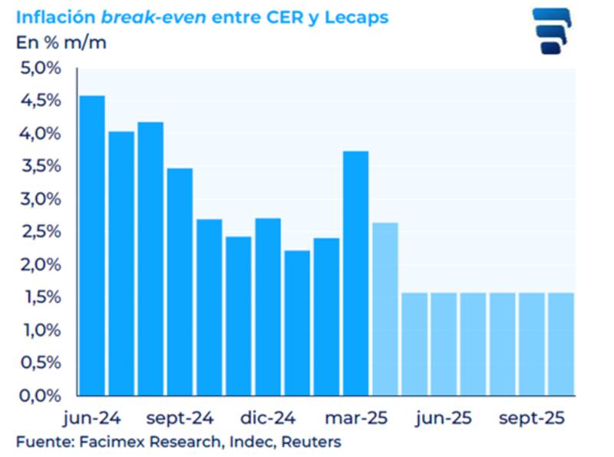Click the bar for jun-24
coord(92,246)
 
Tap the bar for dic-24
coord(268,307)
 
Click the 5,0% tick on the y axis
coord(38,68)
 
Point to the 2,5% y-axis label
coord(38,232)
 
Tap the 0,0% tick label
coord(38,396)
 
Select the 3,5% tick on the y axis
coord(38,167)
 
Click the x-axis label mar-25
coord(356,419)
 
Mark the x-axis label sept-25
coord(532,419)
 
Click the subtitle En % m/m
coord(61,41)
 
